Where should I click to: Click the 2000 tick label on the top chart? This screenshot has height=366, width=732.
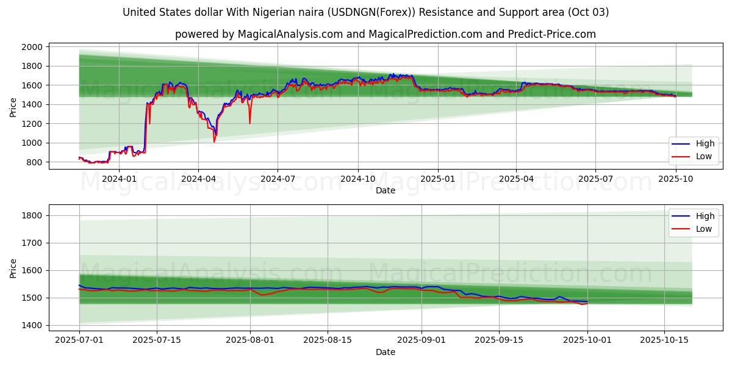point(32,47)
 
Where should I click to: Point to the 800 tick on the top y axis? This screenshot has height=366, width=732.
point(35,162)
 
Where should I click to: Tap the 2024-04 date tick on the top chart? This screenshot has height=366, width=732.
point(198,179)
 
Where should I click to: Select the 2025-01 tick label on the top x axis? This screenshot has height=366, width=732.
point(437,179)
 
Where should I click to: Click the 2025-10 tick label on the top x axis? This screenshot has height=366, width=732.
point(676,179)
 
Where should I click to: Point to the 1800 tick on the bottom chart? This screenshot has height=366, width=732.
point(32,215)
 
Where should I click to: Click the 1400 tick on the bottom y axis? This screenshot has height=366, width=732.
point(32,325)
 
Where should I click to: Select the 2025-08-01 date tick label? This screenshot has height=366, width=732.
point(250,340)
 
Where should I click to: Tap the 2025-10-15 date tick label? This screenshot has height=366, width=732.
point(664,340)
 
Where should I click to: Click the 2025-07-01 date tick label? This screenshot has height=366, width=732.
point(79,340)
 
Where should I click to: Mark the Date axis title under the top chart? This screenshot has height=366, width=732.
point(385,190)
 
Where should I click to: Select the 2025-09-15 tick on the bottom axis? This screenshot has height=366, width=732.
point(499,340)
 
